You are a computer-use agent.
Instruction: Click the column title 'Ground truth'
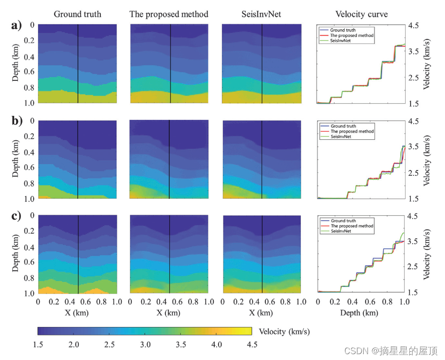click(77, 14)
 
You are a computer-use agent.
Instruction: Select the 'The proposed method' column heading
click(169, 14)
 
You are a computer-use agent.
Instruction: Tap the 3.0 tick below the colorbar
click(145, 345)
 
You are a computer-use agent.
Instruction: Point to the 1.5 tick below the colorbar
click(38, 345)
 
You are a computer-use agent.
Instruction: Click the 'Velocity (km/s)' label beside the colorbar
click(284, 332)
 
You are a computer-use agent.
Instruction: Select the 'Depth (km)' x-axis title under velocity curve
click(361, 313)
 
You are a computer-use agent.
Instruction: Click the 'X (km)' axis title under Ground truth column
click(77, 313)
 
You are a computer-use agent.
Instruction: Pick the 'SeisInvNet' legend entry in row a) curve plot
click(341, 41)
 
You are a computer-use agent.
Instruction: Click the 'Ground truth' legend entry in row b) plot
click(343, 126)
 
